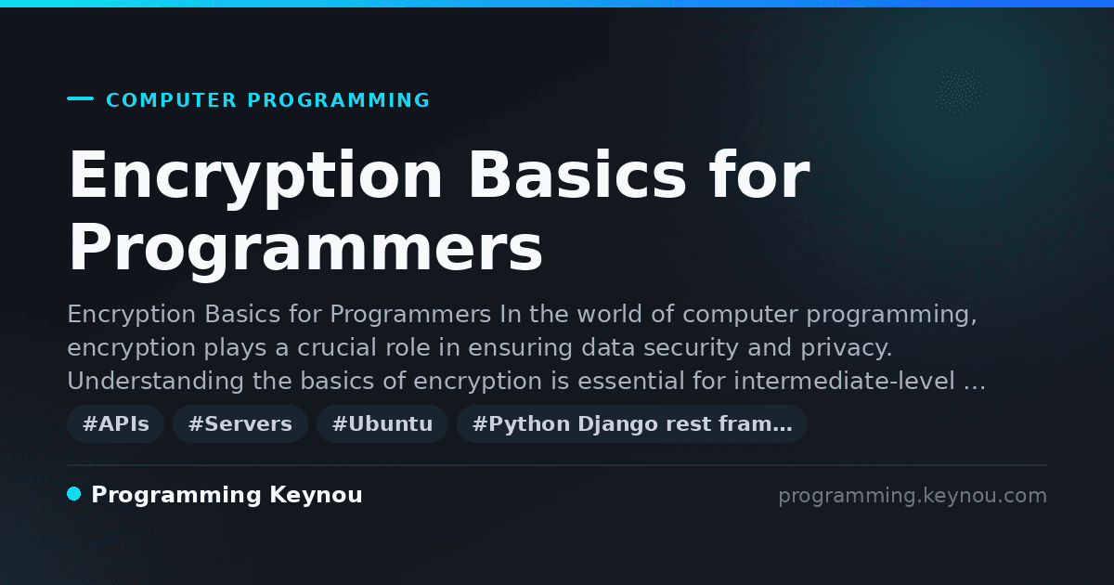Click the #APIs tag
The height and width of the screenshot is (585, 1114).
tap(115, 423)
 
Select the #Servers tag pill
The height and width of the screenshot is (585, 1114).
tap(240, 423)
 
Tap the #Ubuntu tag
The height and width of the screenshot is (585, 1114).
tap(382, 423)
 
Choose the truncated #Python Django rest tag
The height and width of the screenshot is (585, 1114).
tap(632, 423)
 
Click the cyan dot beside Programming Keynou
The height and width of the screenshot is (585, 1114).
tap(74, 494)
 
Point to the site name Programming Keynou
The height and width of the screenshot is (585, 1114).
tap(227, 495)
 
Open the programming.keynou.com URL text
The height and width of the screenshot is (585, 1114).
tap(913, 496)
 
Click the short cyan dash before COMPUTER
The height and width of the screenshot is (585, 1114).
tap(80, 98)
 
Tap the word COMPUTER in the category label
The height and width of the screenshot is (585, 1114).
tap(171, 100)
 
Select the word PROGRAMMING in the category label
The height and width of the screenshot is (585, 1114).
tap(339, 100)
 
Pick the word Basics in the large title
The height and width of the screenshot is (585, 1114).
tap(577, 175)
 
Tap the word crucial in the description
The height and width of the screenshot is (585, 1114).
tap(338, 347)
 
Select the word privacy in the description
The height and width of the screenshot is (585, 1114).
tap(846, 348)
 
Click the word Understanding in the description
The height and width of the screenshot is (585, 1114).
tap(156, 382)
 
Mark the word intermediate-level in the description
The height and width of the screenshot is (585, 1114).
tap(845, 381)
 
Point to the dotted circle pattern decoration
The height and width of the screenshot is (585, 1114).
tap(958, 91)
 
